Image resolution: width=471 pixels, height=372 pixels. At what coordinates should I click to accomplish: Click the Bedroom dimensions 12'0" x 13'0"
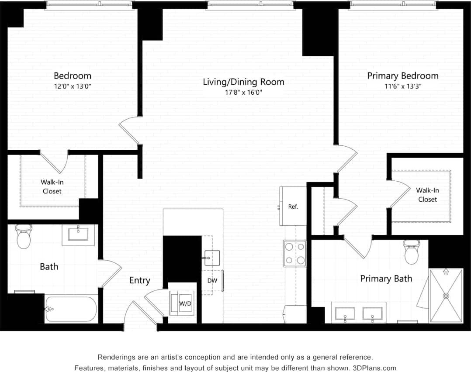(73, 86)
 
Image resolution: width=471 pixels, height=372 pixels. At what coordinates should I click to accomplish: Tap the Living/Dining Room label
(243, 82)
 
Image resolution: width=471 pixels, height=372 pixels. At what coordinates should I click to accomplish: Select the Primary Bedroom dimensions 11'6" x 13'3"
(402, 86)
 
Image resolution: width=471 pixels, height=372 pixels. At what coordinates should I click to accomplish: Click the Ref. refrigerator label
(293, 207)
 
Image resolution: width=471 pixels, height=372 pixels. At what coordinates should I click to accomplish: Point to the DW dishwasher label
(212, 281)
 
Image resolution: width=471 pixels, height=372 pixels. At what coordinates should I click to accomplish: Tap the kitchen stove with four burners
(295, 253)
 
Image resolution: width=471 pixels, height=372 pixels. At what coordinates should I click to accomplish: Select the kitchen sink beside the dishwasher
(212, 258)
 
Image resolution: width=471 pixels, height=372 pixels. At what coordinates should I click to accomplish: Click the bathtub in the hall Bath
(71, 309)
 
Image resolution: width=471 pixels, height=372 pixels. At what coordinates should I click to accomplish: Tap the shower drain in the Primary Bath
(446, 296)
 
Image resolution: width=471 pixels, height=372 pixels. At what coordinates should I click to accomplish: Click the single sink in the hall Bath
(78, 235)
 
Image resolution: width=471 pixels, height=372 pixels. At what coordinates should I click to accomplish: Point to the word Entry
(140, 280)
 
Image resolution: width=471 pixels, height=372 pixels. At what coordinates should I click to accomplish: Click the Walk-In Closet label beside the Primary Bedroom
(427, 195)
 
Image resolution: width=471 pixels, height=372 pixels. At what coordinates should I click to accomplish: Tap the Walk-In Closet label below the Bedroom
(52, 187)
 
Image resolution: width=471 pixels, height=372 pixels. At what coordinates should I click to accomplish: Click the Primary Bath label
(386, 279)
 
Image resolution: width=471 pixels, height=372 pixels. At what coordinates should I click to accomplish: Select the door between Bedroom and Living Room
(130, 130)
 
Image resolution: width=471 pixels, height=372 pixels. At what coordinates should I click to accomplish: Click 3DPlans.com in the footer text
(375, 368)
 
